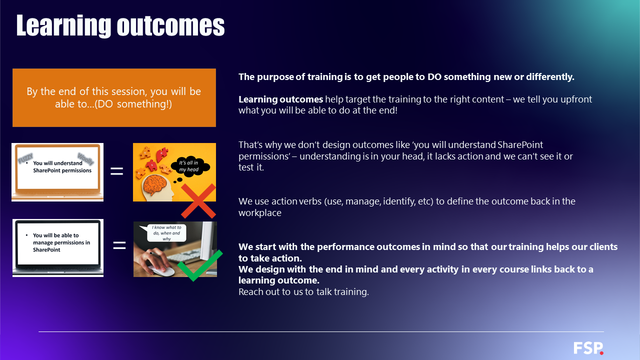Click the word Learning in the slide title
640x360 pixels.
63,26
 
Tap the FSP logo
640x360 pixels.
588,348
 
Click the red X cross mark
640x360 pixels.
198,201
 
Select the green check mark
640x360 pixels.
199,265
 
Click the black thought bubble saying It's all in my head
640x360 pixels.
189,166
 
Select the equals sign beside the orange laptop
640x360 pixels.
116,171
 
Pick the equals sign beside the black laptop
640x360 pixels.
119,245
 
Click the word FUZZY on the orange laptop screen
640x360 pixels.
25,158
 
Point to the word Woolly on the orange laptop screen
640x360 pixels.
85,159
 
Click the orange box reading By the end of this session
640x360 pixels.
114,97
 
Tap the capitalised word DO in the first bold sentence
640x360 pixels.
434,77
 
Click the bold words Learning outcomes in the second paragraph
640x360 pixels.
280,99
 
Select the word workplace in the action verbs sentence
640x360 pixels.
259,213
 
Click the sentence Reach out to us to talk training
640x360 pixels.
303,291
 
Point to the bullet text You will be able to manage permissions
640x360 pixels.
61,242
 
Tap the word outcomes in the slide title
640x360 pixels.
170,26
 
